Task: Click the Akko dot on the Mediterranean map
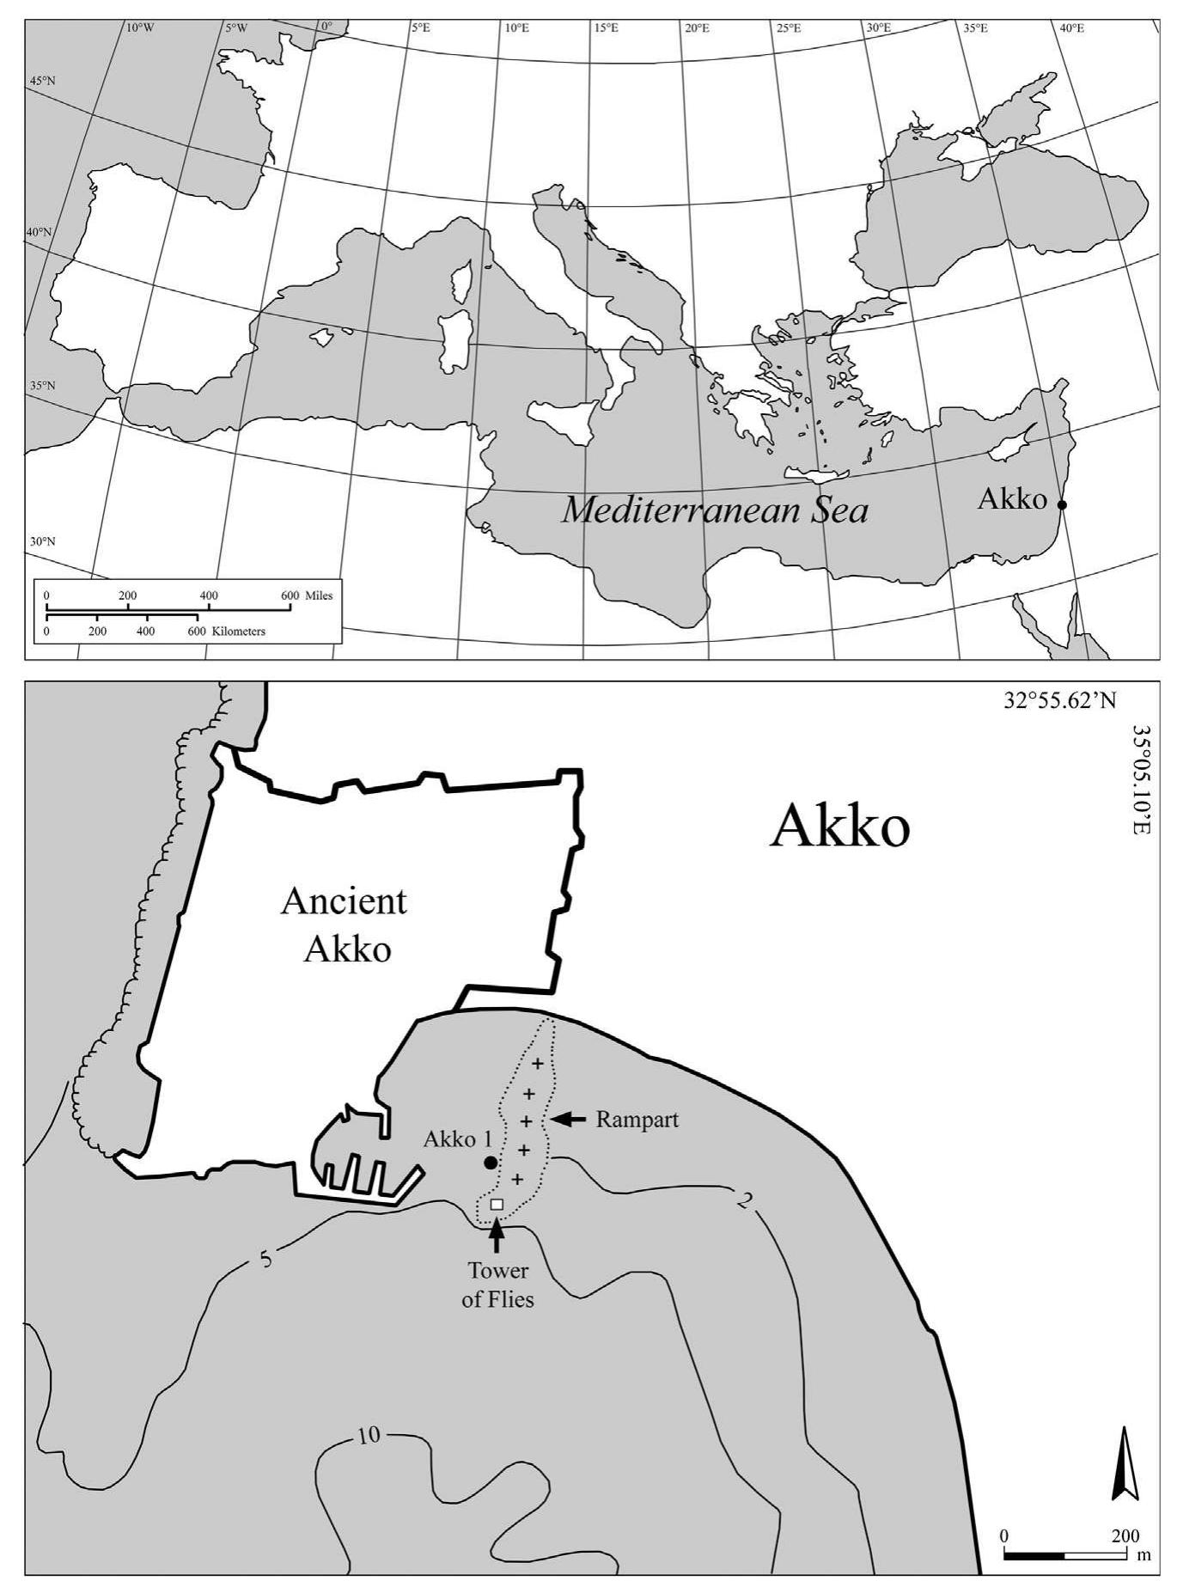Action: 1062,505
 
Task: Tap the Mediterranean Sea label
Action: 714,511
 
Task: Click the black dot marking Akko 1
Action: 491,1163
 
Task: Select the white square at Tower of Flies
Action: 497,1204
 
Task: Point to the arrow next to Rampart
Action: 567,1120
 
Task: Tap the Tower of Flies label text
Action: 497,1285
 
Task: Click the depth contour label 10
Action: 369,1436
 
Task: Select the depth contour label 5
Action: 265,1260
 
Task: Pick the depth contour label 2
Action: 744,1201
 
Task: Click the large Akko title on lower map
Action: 839,828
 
